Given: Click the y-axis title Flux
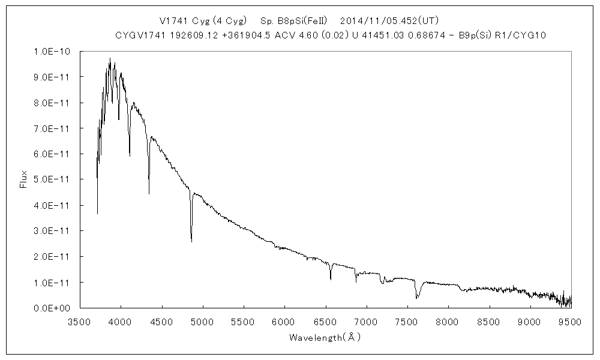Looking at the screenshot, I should click(x=24, y=179).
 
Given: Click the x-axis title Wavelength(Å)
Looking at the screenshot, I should click(x=325, y=338).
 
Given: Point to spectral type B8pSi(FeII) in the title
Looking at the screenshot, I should click(x=294, y=20).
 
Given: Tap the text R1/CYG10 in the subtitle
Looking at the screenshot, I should click(x=524, y=35).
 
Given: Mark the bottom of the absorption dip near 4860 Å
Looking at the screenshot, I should click(x=191, y=242).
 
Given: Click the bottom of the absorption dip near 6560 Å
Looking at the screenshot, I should click(x=331, y=280).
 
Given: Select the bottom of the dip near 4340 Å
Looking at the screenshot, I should click(x=149, y=194).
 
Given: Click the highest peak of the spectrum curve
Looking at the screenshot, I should click(x=110, y=58).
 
